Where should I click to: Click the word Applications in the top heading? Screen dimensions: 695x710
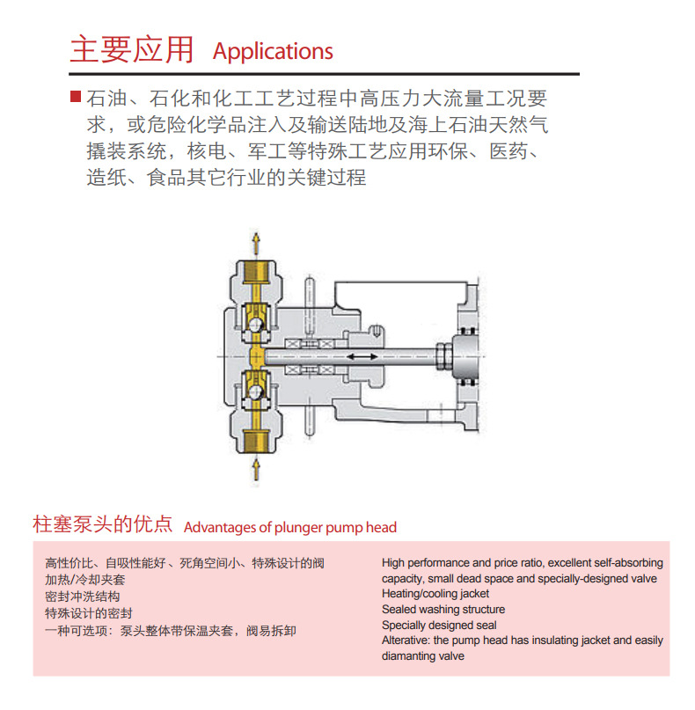coord(273,52)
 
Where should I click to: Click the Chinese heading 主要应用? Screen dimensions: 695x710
coord(132,49)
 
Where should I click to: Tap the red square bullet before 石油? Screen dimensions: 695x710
coord(76,96)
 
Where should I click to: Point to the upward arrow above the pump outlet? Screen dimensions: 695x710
coord(256,244)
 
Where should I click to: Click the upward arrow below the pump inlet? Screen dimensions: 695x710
coord(256,470)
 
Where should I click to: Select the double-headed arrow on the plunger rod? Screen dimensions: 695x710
coord(362,357)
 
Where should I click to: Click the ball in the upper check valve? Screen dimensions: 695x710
coord(255,325)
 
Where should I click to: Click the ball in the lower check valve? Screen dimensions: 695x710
coord(255,392)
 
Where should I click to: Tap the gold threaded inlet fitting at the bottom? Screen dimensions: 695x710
coord(256,441)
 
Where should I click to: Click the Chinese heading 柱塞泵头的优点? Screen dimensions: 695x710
coord(103,524)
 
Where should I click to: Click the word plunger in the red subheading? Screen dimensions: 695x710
coord(298,528)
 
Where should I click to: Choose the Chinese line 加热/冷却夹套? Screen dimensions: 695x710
coord(85,580)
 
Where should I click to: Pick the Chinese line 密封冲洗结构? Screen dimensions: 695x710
coord(83,597)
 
